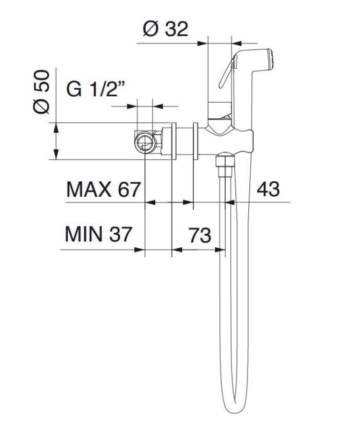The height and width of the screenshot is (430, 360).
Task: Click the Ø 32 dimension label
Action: (x=165, y=28)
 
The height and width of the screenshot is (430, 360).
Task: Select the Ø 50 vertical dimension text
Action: (x=41, y=91)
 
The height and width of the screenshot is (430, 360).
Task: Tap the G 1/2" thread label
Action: (x=96, y=89)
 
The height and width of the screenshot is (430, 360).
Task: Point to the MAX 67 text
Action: (x=103, y=189)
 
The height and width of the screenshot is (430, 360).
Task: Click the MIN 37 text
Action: (x=98, y=234)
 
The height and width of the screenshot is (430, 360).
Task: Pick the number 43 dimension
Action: (x=268, y=189)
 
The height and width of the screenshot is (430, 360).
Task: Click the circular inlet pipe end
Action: (x=146, y=142)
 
